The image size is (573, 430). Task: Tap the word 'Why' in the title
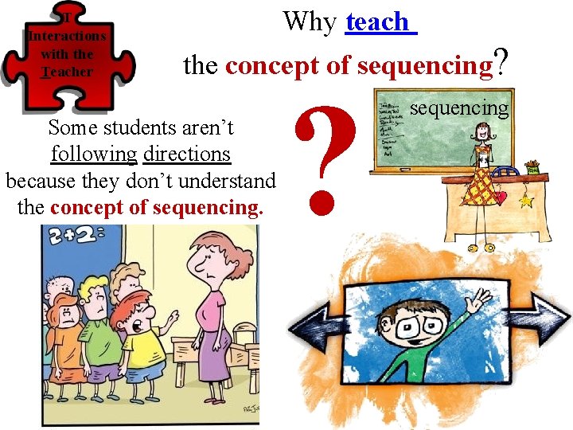click(x=310, y=21)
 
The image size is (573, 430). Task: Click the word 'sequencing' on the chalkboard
click(x=458, y=108)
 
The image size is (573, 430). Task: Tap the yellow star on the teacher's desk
click(x=525, y=201)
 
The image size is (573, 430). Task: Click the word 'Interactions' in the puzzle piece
click(x=67, y=36)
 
